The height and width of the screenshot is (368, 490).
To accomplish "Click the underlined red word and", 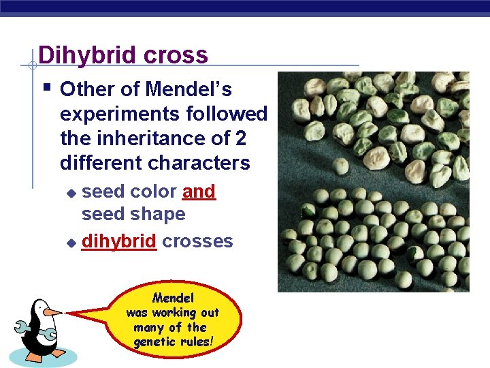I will pos(199,192).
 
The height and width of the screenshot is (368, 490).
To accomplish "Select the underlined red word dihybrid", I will pos(119,241).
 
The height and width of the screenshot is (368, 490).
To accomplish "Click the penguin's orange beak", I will pos(52,312).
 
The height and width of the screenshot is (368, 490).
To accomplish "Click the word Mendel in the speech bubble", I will pos(173,298).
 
